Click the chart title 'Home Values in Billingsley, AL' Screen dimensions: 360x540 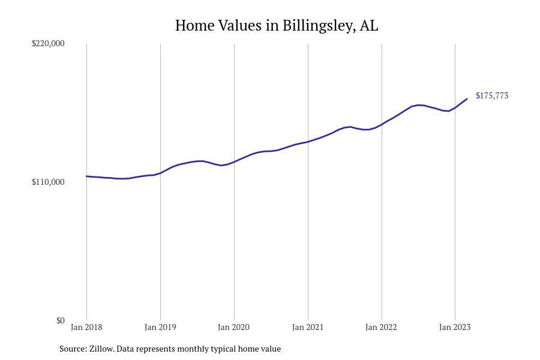pyautogui.click(x=277, y=26)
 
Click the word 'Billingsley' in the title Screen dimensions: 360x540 pyautogui.click(x=318, y=26)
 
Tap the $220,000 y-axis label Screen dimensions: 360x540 pyautogui.click(x=48, y=43)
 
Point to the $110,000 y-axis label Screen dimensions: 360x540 pyautogui.click(x=48, y=182)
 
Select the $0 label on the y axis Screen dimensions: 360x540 pyautogui.click(x=60, y=320)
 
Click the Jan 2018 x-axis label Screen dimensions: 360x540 pyautogui.click(x=86, y=327)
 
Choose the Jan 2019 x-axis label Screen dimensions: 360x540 pyautogui.click(x=160, y=327)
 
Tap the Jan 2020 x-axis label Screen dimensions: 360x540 pyautogui.click(x=234, y=327)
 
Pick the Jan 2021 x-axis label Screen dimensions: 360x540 pyautogui.click(x=308, y=327)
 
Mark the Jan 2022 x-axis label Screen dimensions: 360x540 pyautogui.click(x=382, y=327)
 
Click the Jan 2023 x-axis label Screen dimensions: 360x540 pyautogui.click(x=455, y=327)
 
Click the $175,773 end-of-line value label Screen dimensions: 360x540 pyautogui.click(x=492, y=96)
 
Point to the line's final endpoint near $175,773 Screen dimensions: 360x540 pyautogui.click(x=467, y=99)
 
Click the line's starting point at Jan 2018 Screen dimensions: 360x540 pyautogui.click(x=86, y=176)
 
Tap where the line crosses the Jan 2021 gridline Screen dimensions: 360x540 pyautogui.click(x=308, y=142)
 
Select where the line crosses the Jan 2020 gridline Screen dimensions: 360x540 pyautogui.click(x=234, y=161)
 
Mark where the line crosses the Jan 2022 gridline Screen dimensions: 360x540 pyautogui.click(x=382, y=125)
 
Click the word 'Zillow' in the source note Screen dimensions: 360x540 pyautogui.click(x=101, y=349)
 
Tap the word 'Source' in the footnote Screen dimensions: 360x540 pyautogui.click(x=73, y=349)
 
